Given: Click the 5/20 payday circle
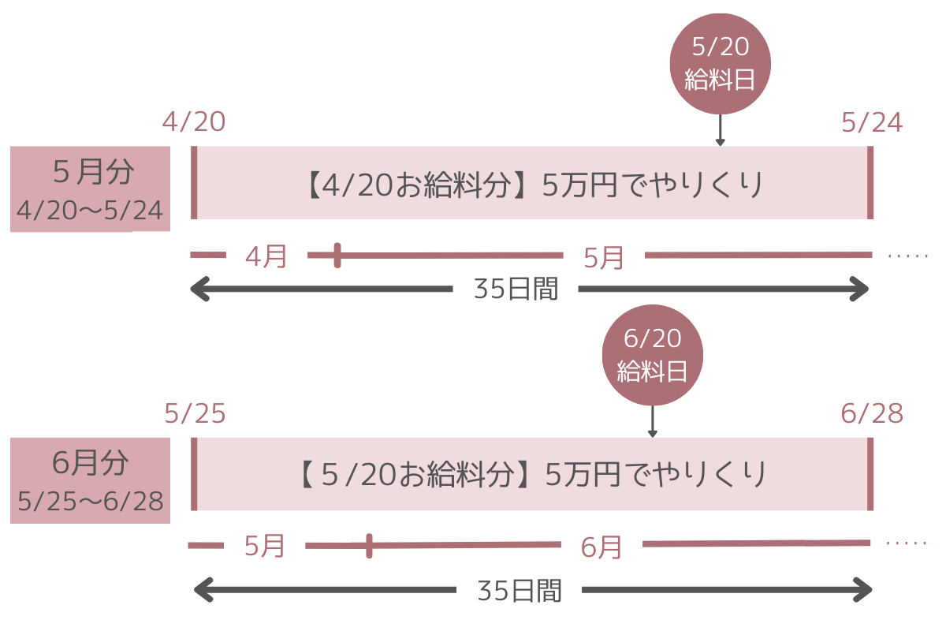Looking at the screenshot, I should (720, 64).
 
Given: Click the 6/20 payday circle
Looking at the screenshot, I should (652, 355).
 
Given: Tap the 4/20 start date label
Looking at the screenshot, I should (194, 122).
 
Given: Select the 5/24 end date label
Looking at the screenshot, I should (872, 122).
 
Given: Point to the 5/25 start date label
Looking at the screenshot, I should (196, 413).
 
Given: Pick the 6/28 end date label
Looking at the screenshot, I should (873, 413).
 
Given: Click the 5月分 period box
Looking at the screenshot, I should (91, 189).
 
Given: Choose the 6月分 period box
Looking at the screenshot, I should (91, 480).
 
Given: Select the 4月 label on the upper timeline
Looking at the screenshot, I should (266, 256).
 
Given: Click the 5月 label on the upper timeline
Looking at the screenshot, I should (604, 257).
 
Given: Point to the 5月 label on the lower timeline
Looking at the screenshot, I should (264, 546).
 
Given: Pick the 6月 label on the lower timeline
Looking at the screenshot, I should (601, 547).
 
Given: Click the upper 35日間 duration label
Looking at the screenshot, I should (516, 289).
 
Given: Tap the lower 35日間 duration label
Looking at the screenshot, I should (519, 591).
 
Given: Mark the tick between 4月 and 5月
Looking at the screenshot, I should (337, 255).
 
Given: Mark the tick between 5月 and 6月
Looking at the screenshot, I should (369, 545).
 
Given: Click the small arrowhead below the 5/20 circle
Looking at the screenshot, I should (720, 142).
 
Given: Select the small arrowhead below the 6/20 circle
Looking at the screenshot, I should (652, 432).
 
